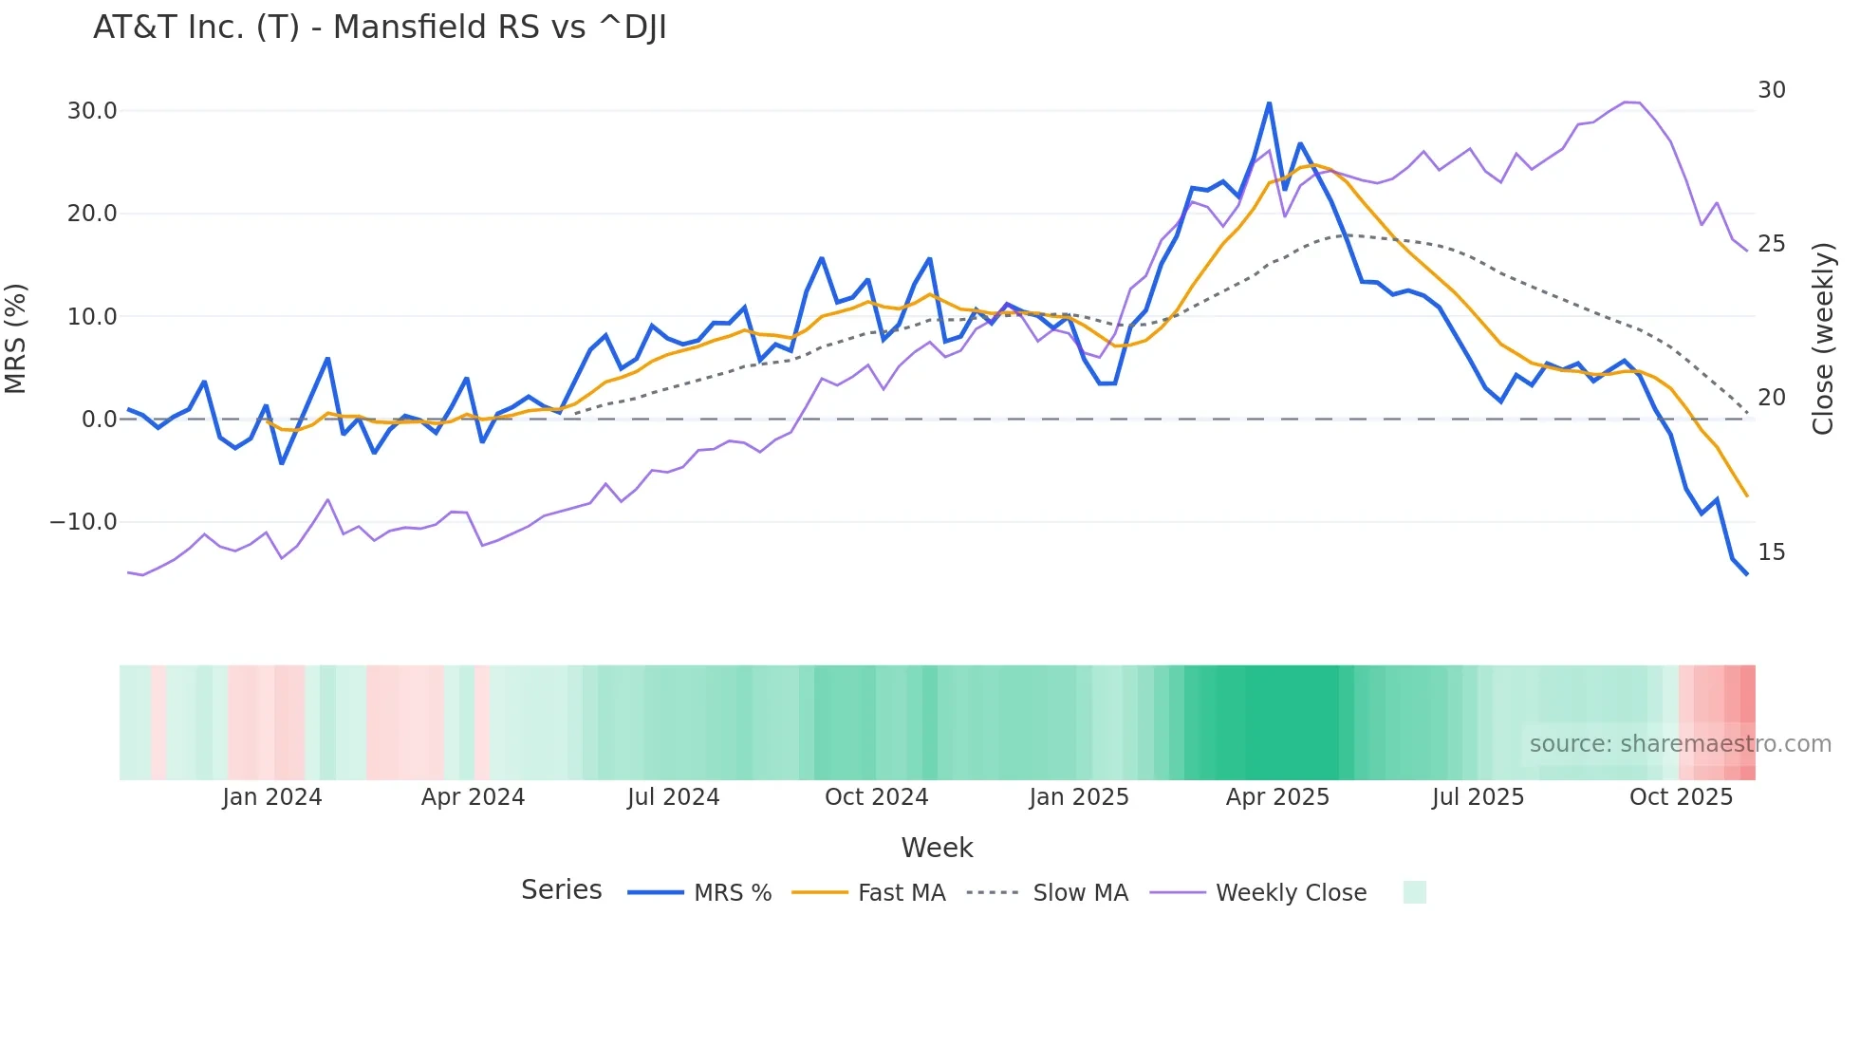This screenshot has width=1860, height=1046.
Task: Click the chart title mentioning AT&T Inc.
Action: [380, 28]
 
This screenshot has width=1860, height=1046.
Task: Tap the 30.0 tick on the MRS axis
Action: [92, 111]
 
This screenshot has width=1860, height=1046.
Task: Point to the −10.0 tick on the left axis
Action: [84, 522]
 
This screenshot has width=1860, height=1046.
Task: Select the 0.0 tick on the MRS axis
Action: [99, 420]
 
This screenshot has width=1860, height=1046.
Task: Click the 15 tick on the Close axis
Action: [1771, 552]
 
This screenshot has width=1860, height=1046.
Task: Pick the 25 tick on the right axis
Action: [1771, 244]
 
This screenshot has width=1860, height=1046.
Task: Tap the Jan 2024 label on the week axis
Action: [272, 797]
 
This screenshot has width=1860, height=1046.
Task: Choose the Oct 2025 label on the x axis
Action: [1681, 797]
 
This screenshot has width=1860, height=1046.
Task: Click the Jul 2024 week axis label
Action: [673, 797]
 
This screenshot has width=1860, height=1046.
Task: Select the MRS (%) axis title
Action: [16, 339]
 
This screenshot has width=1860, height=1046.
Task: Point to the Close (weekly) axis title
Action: [1823, 339]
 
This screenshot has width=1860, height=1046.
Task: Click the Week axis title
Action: [937, 848]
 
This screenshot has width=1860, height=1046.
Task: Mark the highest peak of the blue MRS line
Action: [1269, 103]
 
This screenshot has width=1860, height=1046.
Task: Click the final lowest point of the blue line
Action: [1746, 574]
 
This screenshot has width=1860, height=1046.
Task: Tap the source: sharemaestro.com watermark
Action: [1680, 744]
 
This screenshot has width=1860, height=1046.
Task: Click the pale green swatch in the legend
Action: [1414, 892]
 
